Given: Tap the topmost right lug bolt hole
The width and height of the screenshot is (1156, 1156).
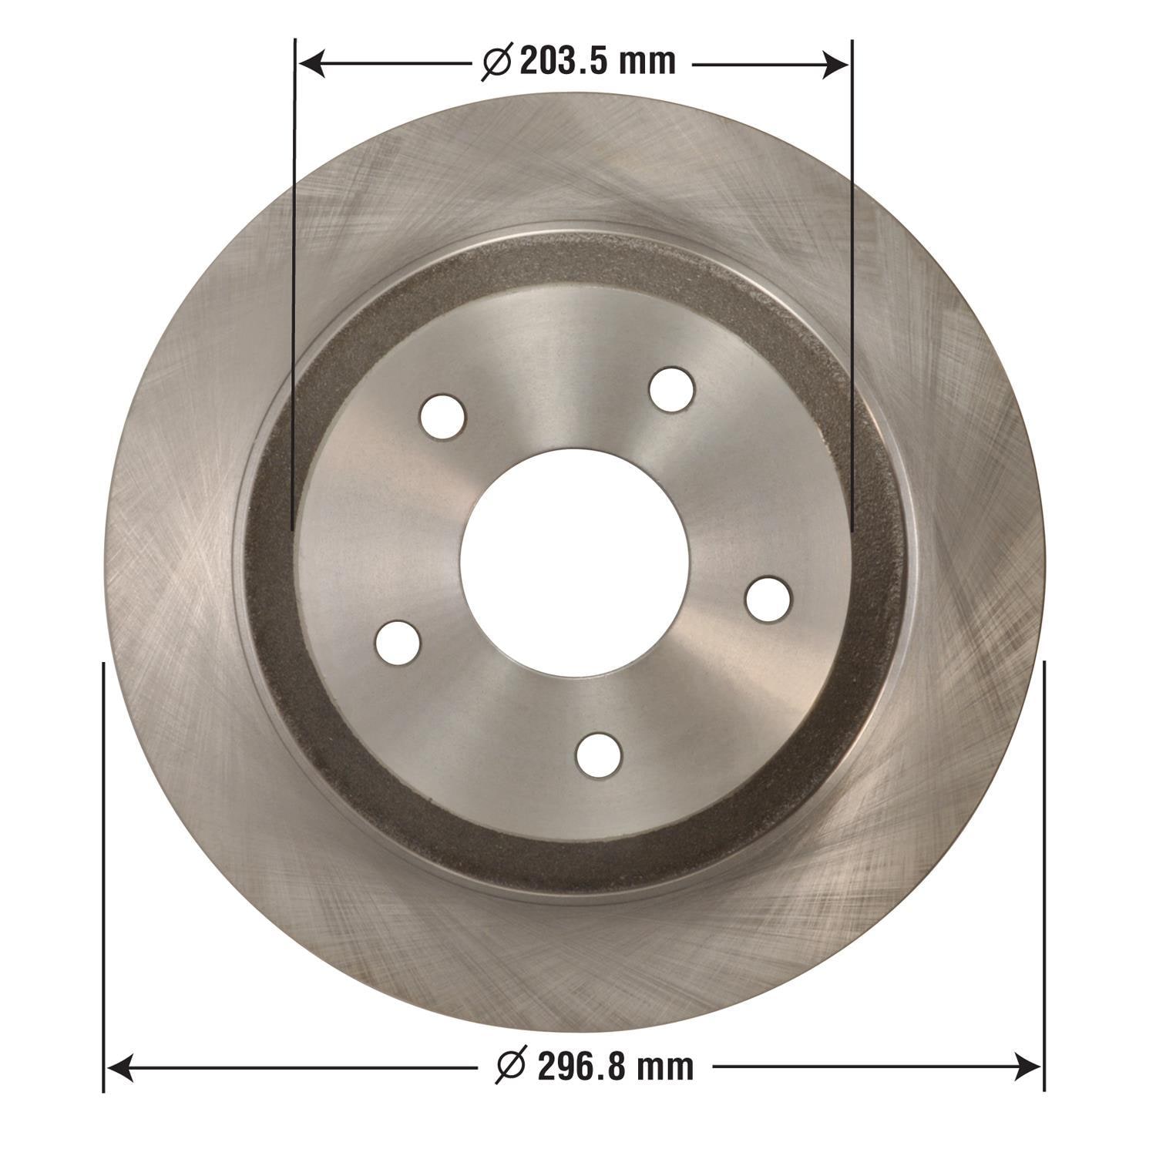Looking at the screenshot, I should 671,389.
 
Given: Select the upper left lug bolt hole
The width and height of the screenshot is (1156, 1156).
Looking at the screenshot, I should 443,416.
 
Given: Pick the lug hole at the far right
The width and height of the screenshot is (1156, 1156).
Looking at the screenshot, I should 768,597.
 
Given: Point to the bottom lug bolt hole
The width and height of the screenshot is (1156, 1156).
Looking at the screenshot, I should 599,755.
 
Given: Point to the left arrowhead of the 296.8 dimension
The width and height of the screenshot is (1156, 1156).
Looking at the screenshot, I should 117,1067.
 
